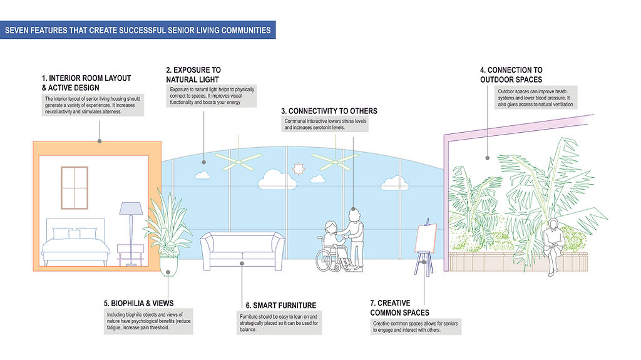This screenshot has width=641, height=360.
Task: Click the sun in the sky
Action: pyautogui.click(x=298, y=168)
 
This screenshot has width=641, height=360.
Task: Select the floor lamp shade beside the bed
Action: pyautogui.click(x=131, y=208)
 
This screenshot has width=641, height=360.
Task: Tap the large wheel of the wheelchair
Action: pyautogui.click(x=326, y=259)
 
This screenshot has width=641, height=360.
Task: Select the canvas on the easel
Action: pyautogui.click(x=425, y=239)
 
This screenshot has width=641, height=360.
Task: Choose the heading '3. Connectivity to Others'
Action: pyautogui.click(x=329, y=111)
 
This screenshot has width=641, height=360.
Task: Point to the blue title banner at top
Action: pyautogui.click(x=138, y=29)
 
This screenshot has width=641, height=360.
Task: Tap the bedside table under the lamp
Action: pyautogui.click(x=130, y=254)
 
